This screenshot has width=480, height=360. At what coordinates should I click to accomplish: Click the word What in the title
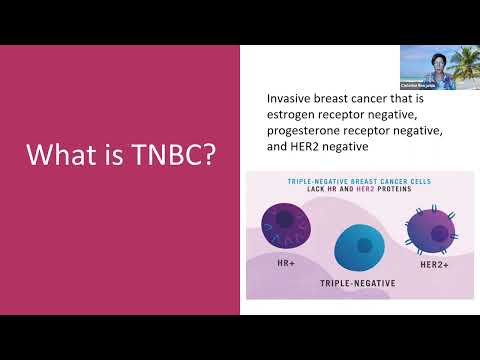[57, 156]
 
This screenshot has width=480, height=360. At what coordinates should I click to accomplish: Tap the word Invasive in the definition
[290, 100]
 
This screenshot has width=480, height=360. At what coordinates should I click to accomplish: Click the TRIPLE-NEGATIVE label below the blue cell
[359, 284]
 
